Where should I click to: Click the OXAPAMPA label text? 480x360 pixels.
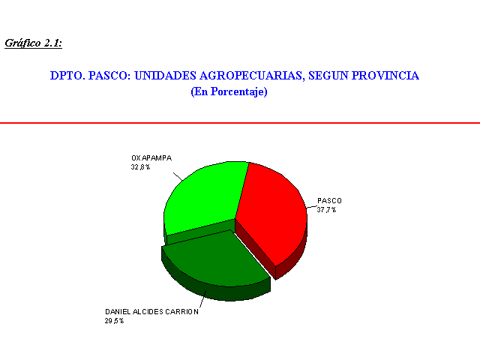click(x=151, y=158)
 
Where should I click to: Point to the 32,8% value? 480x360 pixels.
click(x=140, y=167)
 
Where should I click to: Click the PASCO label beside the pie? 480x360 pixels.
click(x=329, y=201)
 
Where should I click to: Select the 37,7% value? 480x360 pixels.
click(x=326, y=210)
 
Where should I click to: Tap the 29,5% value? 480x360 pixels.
click(x=114, y=321)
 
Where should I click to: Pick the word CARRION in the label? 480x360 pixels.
click(x=181, y=312)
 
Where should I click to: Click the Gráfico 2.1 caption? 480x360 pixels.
click(x=33, y=43)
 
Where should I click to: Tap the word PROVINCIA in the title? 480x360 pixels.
click(x=385, y=76)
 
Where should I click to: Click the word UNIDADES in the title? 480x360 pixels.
click(x=165, y=76)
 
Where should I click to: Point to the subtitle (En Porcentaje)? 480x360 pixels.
click(x=229, y=91)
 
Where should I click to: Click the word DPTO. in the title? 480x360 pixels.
click(x=67, y=76)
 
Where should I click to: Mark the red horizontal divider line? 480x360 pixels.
click(x=240, y=123)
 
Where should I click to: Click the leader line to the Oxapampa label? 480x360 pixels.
click(x=178, y=177)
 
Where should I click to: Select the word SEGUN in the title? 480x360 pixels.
click(x=328, y=76)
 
